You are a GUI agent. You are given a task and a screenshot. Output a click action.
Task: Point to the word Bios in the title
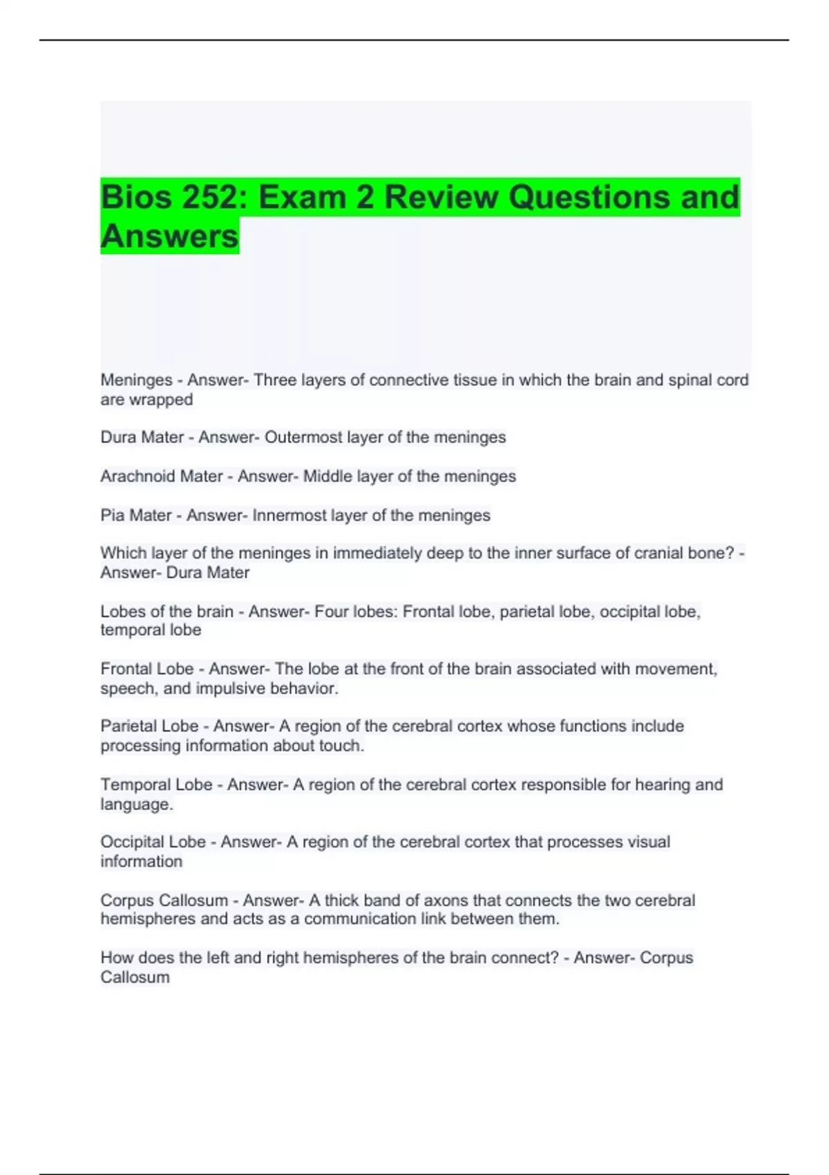[x=135, y=197]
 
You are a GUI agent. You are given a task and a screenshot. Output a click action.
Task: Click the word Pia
[x=112, y=515]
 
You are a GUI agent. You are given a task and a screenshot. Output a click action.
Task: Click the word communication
[x=360, y=919]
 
